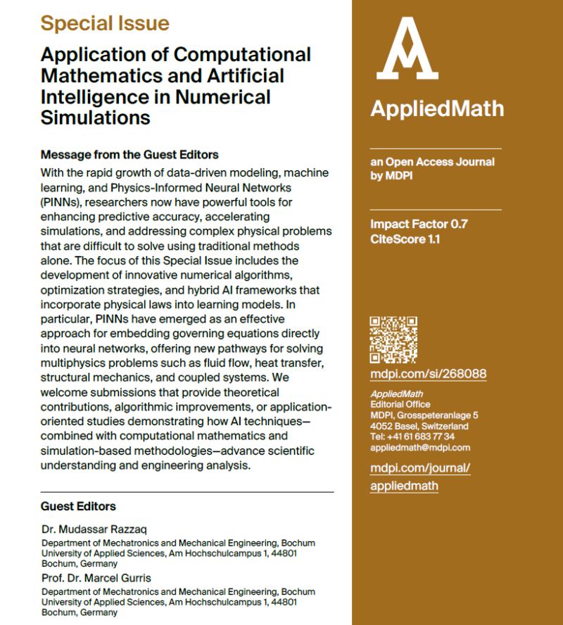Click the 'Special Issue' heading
(x=105, y=23)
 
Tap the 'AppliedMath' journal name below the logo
(x=436, y=108)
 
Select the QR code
(x=393, y=340)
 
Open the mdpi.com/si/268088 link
(x=428, y=374)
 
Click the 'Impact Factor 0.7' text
(x=419, y=225)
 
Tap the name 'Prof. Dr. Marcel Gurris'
(x=96, y=577)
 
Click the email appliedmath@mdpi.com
(x=419, y=447)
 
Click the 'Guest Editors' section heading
(x=78, y=506)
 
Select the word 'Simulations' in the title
(x=96, y=117)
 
